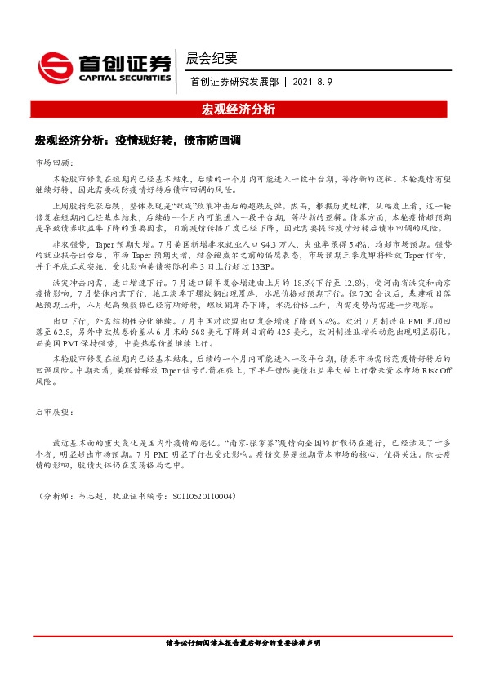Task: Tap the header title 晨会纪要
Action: (212, 58)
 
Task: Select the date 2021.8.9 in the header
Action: (311, 82)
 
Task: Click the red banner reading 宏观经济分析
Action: (243, 109)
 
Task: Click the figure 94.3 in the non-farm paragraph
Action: (268, 244)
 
